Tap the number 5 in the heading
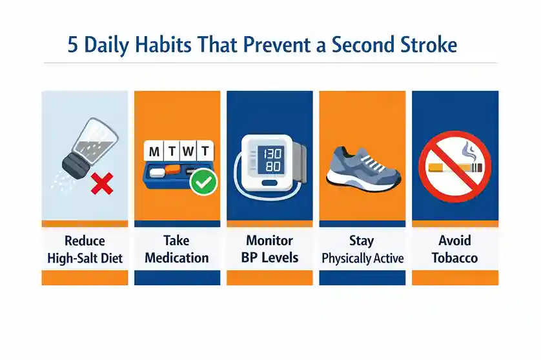74,45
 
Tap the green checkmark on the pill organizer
205,183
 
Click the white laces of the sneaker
366,158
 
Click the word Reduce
85,241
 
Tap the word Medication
177,258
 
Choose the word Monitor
269,241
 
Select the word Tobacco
454,258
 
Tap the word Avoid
454,241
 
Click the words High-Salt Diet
85,258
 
